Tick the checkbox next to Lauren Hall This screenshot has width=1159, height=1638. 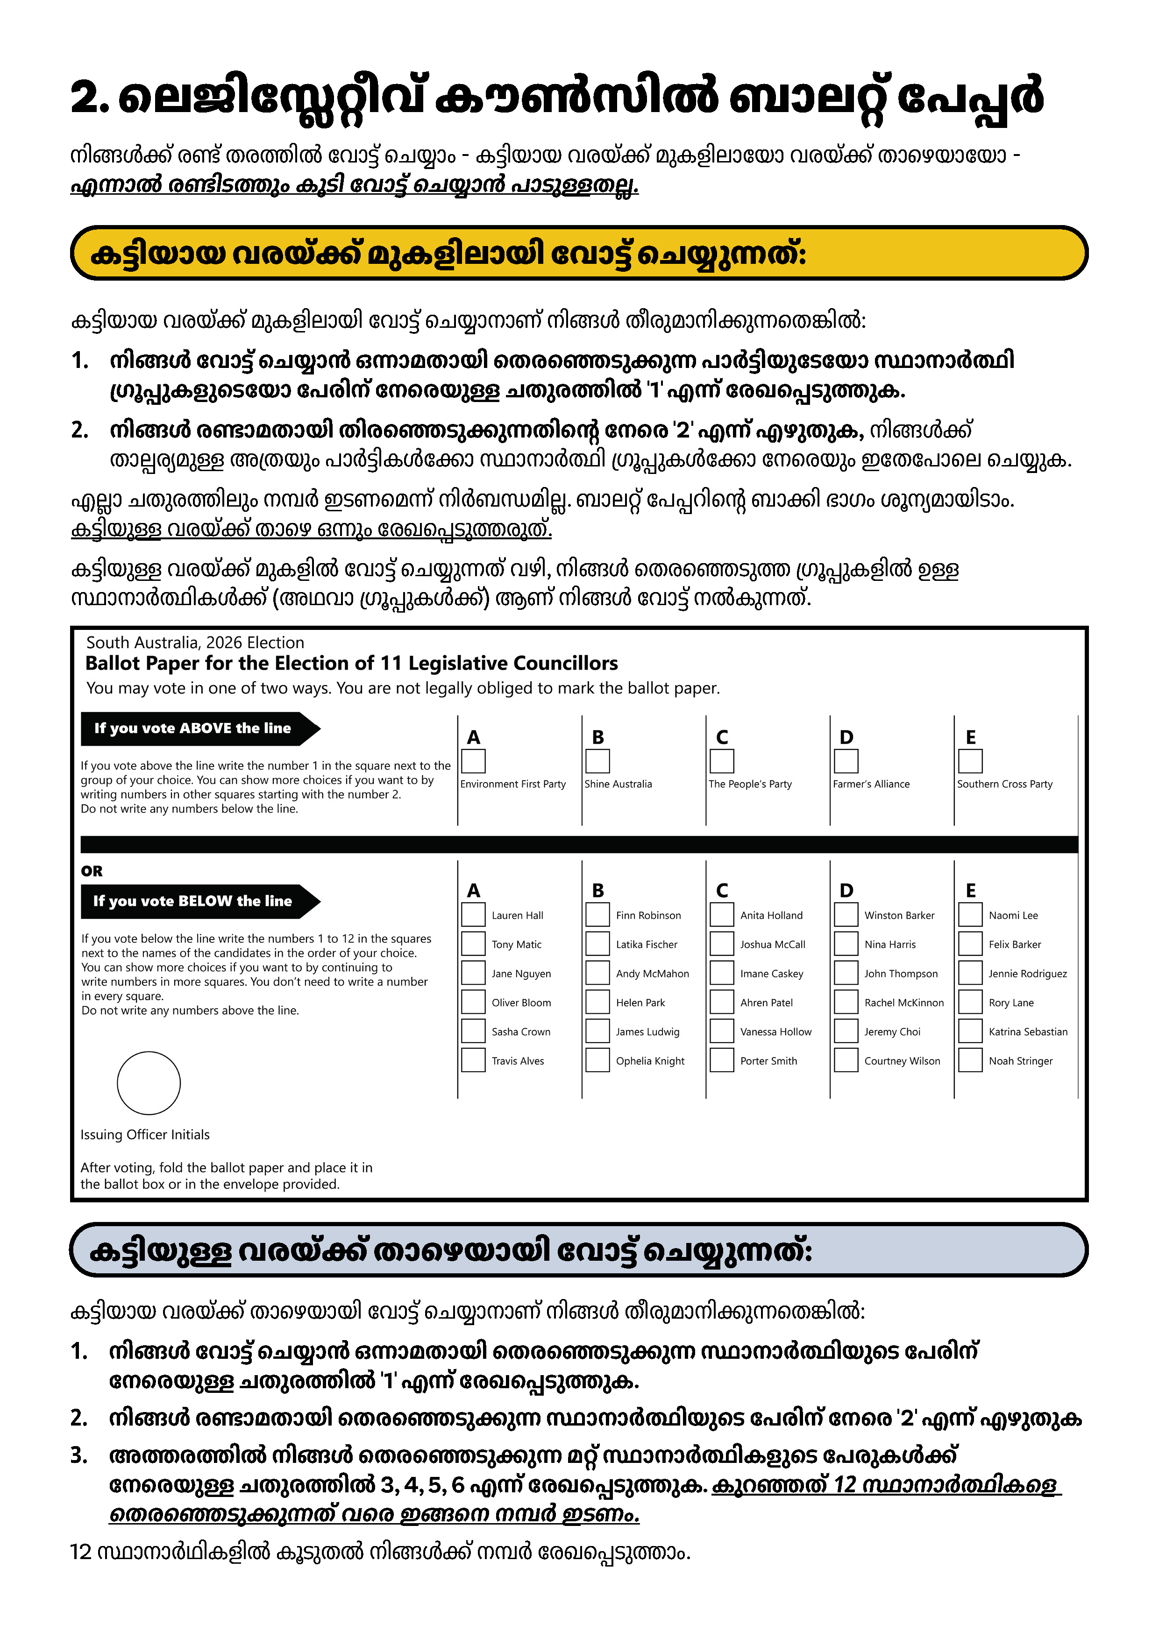pos(473,915)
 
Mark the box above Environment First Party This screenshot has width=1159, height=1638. pos(473,761)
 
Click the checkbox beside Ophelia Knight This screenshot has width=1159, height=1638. pos(597,1060)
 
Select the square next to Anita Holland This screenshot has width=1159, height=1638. pos(722,915)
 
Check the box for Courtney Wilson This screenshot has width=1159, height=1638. pos(846,1060)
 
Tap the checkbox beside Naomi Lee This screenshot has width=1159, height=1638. pos(970,915)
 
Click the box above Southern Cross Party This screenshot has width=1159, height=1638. pos(970,761)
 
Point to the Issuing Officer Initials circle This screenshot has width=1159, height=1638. pos(149,1083)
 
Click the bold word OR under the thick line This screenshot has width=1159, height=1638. pos(92,871)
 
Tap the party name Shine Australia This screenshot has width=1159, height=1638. pos(618,784)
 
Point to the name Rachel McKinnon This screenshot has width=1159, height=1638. pos(903,1003)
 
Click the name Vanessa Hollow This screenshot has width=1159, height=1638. pos(776,1031)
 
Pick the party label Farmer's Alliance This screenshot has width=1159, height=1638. pos(871,784)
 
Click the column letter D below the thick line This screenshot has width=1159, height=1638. pos(846,890)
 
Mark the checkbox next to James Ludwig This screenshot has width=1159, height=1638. pos(597,1031)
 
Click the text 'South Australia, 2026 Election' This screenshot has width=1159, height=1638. pos(195,643)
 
